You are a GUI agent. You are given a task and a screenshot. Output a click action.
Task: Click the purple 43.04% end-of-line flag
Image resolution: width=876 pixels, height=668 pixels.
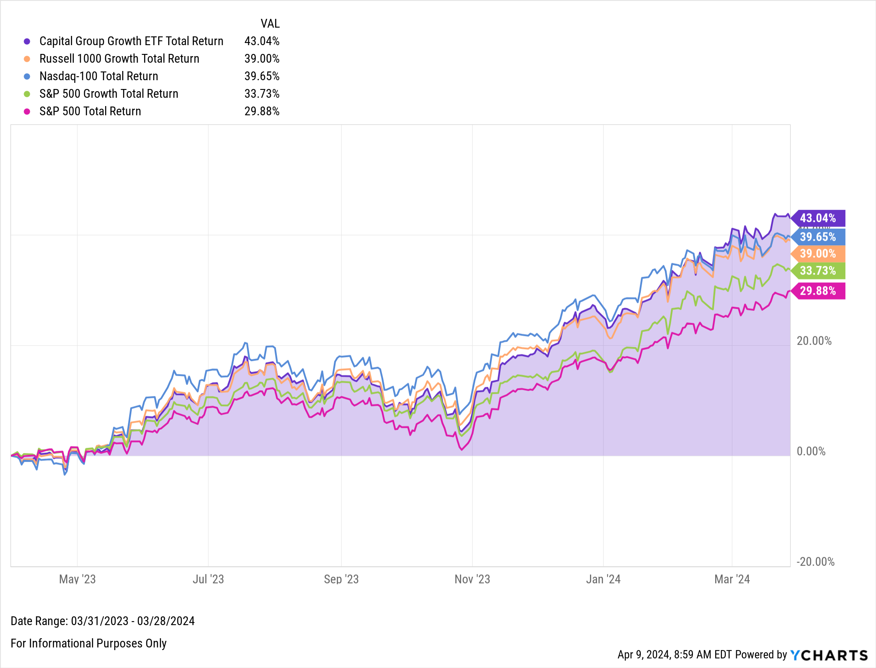click(x=818, y=218)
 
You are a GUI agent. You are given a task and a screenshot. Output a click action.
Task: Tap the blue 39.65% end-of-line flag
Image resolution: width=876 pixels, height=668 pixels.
click(x=818, y=237)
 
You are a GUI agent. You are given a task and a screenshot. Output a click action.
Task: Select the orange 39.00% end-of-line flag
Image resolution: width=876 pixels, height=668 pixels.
click(x=818, y=254)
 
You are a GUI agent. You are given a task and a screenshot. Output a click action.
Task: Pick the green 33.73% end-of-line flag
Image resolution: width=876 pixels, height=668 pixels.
click(x=818, y=271)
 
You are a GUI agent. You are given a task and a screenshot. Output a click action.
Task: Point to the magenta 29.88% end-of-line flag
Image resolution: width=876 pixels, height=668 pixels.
click(x=818, y=291)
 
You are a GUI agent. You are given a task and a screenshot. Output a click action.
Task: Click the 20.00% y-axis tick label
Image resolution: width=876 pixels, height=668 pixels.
click(x=814, y=341)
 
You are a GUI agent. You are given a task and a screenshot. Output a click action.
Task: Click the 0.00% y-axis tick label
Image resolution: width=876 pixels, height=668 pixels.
click(x=811, y=451)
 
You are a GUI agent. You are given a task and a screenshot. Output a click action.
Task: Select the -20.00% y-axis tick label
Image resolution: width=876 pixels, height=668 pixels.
click(x=815, y=562)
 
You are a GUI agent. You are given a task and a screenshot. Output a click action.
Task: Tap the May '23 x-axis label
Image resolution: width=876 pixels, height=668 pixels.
click(x=77, y=579)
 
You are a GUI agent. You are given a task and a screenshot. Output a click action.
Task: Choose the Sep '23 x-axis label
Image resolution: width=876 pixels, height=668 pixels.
click(x=341, y=579)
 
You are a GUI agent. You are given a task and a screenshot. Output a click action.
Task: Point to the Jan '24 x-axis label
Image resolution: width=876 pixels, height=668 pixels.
click(x=603, y=579)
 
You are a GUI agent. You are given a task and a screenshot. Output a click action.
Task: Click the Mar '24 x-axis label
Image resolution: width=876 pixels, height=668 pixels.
click(x=732, y=579)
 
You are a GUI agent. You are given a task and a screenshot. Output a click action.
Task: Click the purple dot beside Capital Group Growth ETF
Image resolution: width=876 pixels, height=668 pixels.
click(x=27, y=41)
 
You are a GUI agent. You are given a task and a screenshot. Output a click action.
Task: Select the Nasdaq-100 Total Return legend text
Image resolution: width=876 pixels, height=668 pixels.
click(x=99, y=76)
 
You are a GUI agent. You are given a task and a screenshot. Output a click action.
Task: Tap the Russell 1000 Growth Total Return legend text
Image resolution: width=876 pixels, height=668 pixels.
click(x=119, y=59)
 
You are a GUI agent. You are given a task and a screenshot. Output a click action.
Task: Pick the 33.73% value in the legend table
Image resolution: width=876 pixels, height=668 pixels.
click(x=261, y=94)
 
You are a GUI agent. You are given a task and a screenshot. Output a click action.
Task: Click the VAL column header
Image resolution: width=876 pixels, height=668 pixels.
click(x=270, y=24)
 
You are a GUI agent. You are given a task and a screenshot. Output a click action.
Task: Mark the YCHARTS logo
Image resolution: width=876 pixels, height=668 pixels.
click(x=829, y=655)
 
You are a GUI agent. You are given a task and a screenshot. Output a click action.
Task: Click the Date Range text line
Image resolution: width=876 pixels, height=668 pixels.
click(x=102, y=621)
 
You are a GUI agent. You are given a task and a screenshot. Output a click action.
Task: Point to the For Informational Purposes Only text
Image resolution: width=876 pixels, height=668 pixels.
click(x=88, y=643)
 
